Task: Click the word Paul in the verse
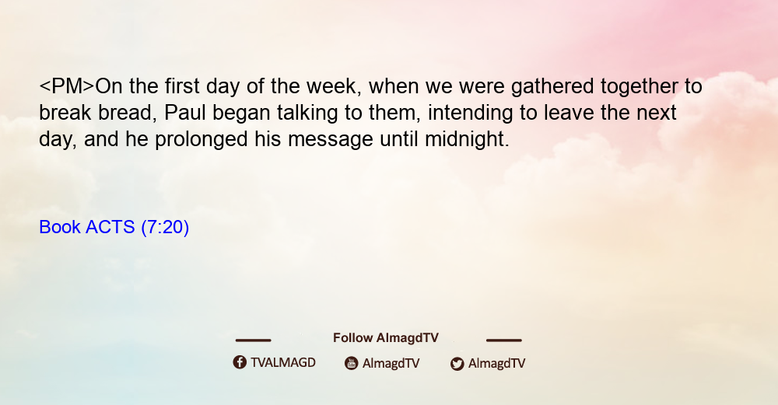184,113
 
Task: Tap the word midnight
467,139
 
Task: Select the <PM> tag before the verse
66,86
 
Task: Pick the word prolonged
201,139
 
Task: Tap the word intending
470,113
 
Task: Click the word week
331,87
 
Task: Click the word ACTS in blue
110,227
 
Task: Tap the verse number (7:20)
165,227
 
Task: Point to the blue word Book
60,227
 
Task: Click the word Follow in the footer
352,338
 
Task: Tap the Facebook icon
240,362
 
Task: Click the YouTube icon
352,363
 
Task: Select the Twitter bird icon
457,364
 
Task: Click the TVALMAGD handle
283,363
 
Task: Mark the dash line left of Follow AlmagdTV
253,340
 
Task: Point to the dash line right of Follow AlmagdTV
504,340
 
